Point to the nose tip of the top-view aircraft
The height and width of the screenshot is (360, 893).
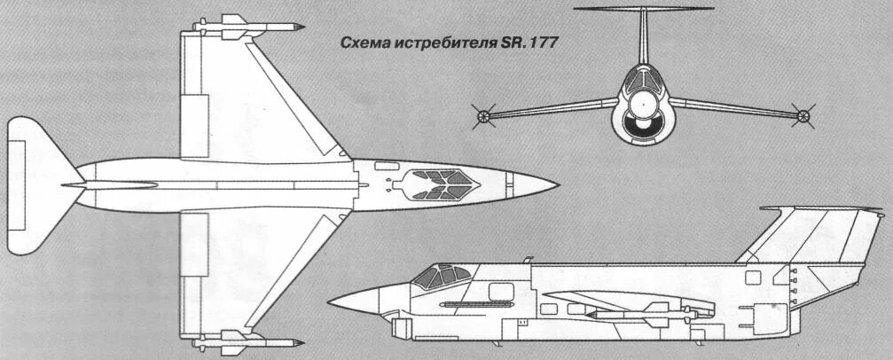[x=557, y=185]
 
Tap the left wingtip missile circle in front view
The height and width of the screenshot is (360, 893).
[x=483, y=114]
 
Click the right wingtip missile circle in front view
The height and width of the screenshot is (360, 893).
[x=803, y=114]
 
